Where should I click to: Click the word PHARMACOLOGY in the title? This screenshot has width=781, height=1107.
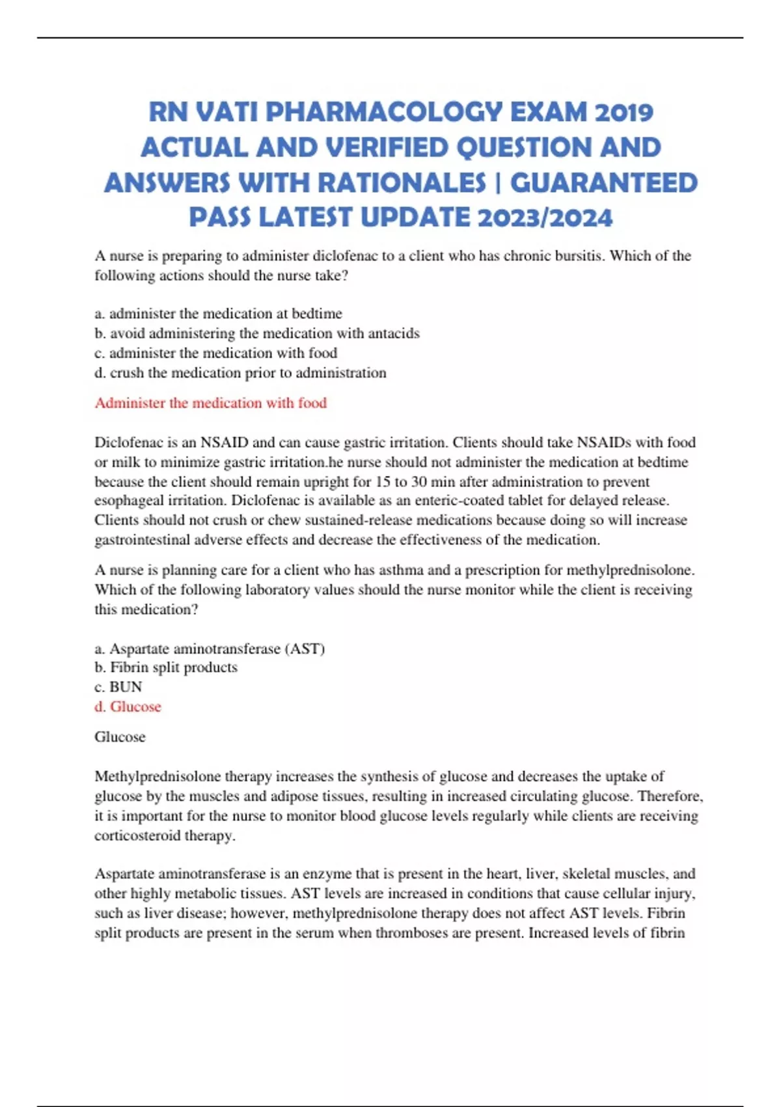[384, 113]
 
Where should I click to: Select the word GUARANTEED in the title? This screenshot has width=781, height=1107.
[604, 183]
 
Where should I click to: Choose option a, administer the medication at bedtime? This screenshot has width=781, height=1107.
[218, 314]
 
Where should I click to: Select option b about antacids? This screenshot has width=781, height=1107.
[257, 333]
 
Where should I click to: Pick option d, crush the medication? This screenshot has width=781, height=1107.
[241, 373]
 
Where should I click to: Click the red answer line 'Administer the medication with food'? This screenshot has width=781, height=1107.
[211, 403]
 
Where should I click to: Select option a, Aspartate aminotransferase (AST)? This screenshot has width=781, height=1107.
[210, 649]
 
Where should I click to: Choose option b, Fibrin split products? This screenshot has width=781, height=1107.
[166, 667]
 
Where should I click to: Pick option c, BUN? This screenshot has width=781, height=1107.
[118, 687]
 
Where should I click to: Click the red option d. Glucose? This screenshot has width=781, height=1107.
[128, 707]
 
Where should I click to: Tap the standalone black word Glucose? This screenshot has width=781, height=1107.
[120, 737]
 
